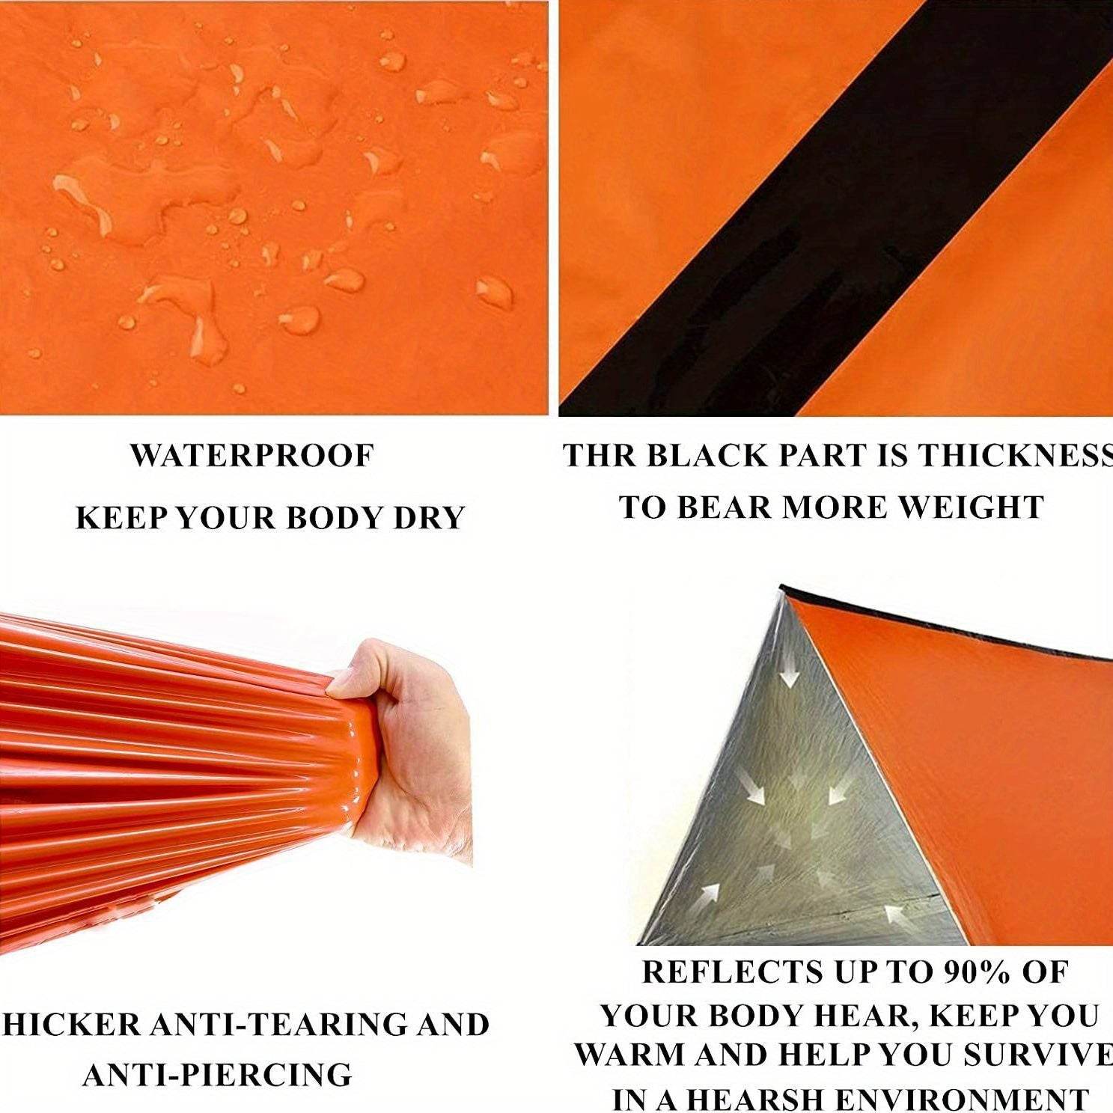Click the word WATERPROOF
coord(251,456)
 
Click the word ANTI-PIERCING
coord(217,1075)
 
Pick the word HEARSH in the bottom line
coord(754,1099)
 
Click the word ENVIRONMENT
coord(961,1099)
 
